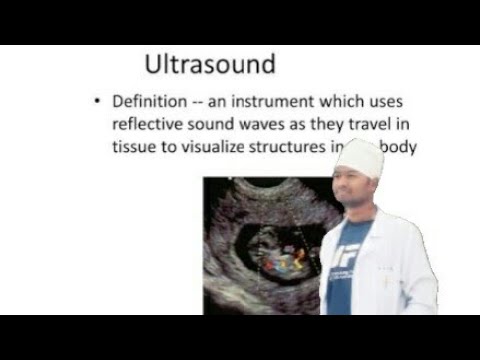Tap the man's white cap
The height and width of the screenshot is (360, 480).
(x=359, y=159)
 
